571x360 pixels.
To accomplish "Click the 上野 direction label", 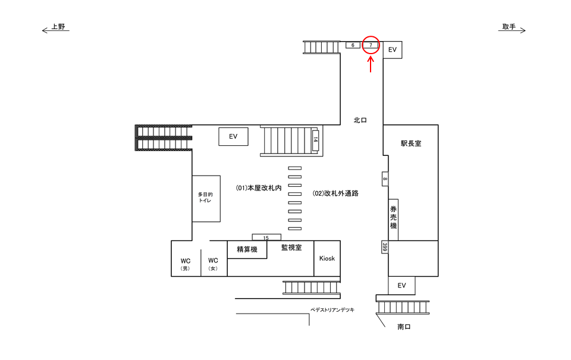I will click(58, 27).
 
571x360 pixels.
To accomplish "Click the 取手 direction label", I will click(509, 27).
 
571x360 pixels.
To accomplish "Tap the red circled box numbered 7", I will click(371, 45).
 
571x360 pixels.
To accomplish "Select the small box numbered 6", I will click(353, 45).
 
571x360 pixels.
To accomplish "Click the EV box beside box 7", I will click(393, 50).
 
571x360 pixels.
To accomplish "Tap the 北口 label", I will click(360, 120).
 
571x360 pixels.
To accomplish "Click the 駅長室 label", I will click(410, 143).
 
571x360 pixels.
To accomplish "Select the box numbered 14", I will click(315, 140).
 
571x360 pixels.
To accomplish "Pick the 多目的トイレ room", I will click(206, 198).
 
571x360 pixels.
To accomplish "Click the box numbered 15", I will click(266, 237).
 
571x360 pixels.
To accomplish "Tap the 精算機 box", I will click(247, 249).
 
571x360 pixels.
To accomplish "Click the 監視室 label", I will click(291, 248).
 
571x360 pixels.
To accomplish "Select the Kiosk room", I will click(327, 258).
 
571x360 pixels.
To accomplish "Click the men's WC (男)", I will click(186, 264).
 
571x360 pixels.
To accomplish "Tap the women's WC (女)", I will click(214, 264).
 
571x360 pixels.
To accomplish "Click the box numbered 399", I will click(385, 247).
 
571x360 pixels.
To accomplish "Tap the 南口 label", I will click(404, 327).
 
